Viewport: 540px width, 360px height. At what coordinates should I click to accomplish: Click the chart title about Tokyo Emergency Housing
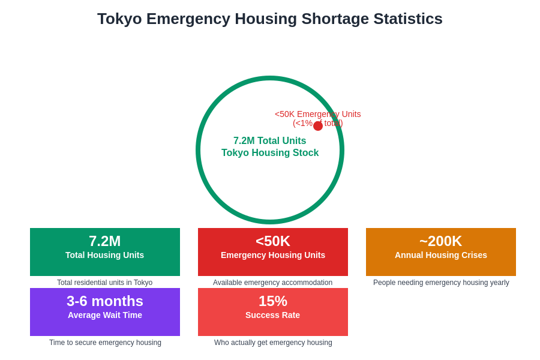(270, 19)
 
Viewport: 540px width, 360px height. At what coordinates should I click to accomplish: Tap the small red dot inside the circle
(318, 126)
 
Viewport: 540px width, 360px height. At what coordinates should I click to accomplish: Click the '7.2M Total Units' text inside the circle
(269, 141)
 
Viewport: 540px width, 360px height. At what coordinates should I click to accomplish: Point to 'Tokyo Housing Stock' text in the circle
(270, 153)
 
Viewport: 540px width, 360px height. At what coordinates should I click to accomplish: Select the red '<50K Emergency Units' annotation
(317, 114)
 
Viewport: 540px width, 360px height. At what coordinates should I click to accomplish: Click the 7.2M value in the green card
(105, 241)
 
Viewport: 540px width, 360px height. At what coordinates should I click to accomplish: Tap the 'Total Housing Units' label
(105, 255)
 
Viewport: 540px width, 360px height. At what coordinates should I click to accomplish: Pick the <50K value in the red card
(273, 241)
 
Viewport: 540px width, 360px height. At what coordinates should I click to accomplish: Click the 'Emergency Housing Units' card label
(273, 255)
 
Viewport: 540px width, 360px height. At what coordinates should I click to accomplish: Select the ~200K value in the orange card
(441, 241)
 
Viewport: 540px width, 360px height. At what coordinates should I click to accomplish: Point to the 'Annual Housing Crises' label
(441, 255)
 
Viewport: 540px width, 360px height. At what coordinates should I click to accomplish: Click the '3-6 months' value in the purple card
(105, 301)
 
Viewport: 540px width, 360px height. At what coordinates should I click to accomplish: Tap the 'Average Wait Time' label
(105, 315)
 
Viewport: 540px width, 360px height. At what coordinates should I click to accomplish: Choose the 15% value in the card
(273, 301)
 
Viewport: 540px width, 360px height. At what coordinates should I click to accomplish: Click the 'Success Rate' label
(273, 315)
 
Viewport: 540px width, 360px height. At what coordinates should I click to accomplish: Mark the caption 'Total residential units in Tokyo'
(105, 283)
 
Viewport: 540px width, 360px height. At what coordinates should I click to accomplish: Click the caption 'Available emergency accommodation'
(273, 283)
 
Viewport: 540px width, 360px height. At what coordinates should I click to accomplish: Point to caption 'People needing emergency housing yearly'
(441, 283)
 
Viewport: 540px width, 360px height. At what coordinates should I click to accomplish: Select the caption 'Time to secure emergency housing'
(105, 343)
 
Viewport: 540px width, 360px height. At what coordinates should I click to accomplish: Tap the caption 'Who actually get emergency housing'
(273, 343)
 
